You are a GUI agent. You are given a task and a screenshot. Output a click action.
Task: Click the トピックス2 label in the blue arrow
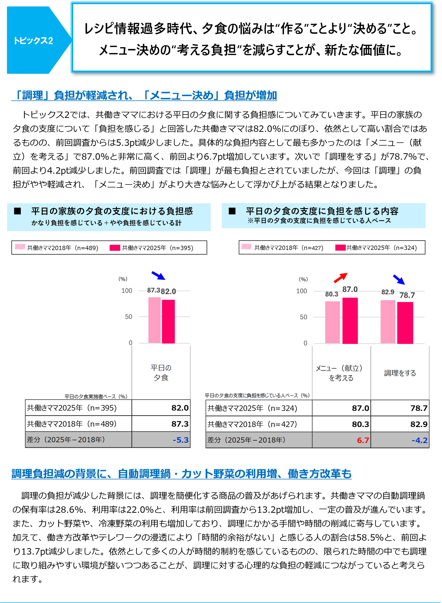click(x=33, y=41)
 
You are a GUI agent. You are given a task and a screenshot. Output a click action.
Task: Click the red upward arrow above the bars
click(x=341, y=278)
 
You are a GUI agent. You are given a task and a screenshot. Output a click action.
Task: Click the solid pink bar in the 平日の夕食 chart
click(x=169, y=321)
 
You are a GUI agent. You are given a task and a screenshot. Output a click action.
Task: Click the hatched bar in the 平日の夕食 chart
click(x=154, y=320)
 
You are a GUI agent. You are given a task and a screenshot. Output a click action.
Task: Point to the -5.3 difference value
click(x=181, y=440)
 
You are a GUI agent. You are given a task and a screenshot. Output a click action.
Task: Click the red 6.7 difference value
click(x=363, y=440)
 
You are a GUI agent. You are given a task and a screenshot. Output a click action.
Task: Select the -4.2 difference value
click(x=419, y=440)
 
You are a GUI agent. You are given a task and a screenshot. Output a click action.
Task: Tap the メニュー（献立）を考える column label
click(x=341, y=373)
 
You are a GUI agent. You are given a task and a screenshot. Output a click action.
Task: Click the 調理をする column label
click(x=400, y=373)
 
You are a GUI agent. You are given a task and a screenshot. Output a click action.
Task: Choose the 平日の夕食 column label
click(x=161, y=373)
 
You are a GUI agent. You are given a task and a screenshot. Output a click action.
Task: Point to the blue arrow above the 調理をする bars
click(x=399, y=279)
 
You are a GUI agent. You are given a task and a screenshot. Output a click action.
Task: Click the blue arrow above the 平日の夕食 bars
click(x=158, y=275)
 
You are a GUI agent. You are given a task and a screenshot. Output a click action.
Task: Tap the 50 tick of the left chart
click(x=129, y=317)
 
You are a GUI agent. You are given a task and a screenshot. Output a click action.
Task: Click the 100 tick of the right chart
click(x=302, y=291)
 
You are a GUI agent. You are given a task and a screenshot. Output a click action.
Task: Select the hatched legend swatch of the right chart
click(x=246, y=247)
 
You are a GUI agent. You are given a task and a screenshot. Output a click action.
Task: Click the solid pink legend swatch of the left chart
click(x=115, y=248)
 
